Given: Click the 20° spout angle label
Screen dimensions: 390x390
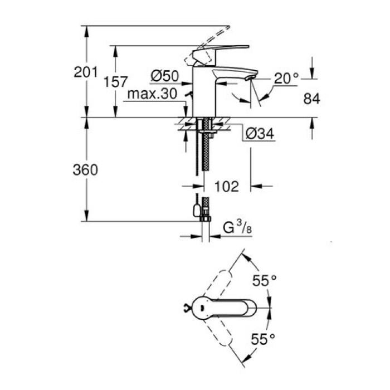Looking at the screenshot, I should [286, 79].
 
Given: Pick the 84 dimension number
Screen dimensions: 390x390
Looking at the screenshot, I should [312, 99].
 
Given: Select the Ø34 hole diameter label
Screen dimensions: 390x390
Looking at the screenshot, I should [260, 133].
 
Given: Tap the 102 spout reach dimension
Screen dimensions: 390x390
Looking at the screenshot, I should [226, 186].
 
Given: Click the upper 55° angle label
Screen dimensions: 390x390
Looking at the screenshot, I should [265, 281].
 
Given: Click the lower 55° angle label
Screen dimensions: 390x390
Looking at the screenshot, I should [265, 338].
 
